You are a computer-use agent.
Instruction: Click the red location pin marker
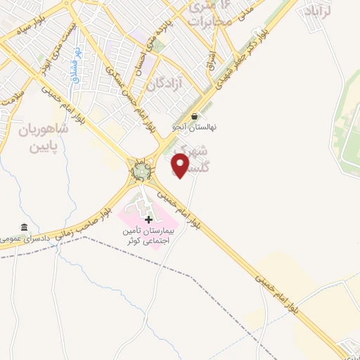coord(181,165)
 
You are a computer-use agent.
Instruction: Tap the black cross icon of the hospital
coord(148,220)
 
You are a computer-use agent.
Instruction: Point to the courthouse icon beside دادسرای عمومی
coord(25,228)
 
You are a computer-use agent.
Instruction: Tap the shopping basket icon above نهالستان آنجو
coord(194,117)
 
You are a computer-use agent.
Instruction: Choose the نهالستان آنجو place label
coord(195,127)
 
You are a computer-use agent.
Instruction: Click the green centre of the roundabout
coord(141,171)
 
